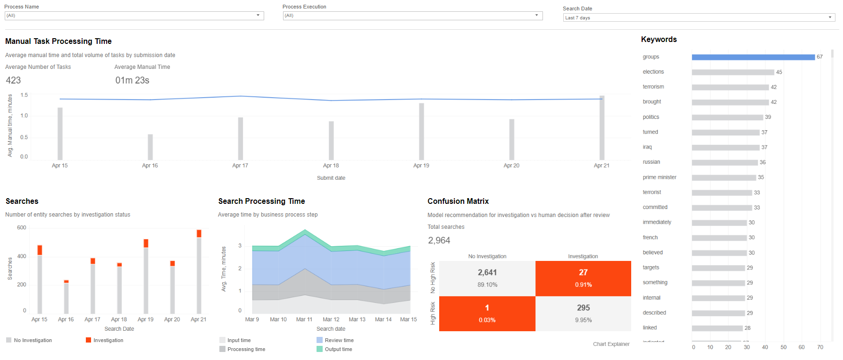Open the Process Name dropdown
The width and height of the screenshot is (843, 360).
point(134,16)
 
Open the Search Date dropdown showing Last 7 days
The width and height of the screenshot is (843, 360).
point(699,17)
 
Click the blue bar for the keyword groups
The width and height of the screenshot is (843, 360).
point(753,57)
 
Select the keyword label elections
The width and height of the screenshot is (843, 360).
point(653,72)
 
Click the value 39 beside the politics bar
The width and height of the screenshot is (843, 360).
point(768,117)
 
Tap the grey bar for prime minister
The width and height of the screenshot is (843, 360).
point(724,178)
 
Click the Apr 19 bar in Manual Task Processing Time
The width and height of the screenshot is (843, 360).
point(421,132)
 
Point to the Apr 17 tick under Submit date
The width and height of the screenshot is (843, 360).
point(240,166)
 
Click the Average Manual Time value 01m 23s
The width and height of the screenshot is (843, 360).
point(132,80)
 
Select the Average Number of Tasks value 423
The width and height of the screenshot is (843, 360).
point(13,80)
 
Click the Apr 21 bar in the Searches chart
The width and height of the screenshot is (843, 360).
point(199,272)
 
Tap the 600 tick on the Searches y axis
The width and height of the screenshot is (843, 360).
point(22,227)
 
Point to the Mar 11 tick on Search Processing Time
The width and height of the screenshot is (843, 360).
point(304,319)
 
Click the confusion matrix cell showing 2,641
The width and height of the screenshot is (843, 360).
point(487,278)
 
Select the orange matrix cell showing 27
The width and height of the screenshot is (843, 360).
point(583,278)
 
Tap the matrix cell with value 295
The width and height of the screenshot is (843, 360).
point(583,314)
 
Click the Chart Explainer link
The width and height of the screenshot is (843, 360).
point(611,344)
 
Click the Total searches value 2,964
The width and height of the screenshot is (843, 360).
point(439,240)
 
